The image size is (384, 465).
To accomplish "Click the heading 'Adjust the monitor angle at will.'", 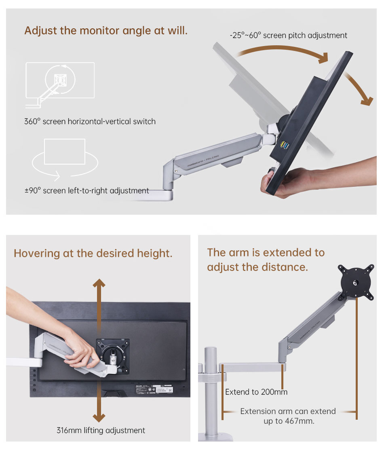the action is click(106, 31).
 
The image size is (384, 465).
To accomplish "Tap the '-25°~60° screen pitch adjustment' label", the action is click(289, 35).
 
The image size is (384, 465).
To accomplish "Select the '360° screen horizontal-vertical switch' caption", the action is click(90, 121).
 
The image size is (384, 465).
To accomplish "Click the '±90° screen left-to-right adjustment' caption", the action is click(87, 190).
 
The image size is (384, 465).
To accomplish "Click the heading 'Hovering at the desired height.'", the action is click(93, 253).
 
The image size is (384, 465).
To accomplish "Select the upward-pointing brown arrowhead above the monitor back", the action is click(99, 283).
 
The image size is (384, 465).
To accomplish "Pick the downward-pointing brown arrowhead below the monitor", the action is click(99, 418).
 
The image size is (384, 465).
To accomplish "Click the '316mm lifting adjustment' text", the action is click(101, 430).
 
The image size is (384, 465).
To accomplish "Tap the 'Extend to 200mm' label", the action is click(256, 392).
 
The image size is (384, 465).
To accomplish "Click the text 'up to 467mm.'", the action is click(289, 421).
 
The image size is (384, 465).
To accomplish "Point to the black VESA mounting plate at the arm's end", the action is click(356, 282).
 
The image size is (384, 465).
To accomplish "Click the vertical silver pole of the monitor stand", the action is click(210, 391).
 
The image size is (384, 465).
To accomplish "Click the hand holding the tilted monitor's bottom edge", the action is click(285, 182).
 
